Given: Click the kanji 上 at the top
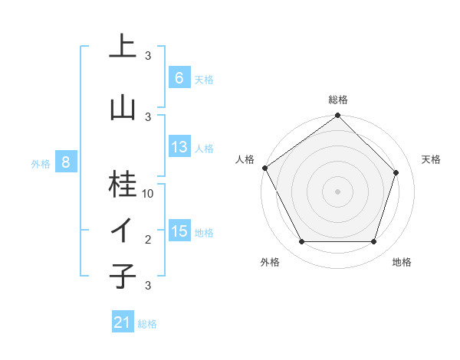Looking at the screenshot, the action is click(x=122, y=46).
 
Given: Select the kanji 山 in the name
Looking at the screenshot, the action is click(x=122, y=106).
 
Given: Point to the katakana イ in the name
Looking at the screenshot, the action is click(x=122, y=231).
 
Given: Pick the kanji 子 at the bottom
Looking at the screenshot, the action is click(x=122, y=275).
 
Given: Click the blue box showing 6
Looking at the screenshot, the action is click(x=179, y=78).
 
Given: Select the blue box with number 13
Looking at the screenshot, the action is click(x=179, y=147).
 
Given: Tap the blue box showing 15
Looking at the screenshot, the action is click(x=179, y=231).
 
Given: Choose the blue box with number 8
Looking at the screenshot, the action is click(x=66, y=162).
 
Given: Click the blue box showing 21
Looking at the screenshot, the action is click(x=123, y=322).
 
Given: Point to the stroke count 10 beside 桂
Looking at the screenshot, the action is click(x=148, y=194).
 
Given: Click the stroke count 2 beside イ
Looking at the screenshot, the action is click(x=148, y=240).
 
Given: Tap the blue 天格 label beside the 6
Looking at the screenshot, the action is click(x=204, y=80).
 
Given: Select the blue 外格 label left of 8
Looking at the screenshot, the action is click(x=41, y=163).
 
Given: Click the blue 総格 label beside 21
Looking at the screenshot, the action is click(x=147, y=324).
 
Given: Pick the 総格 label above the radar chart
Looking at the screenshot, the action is click(x=337, y=100).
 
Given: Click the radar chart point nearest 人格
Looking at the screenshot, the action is click(x=264, y=168).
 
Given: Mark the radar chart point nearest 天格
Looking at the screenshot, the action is click(x=396, y=172).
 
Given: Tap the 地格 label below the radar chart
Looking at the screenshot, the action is click(x=402, y=262).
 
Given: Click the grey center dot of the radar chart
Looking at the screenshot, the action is click(x=337, y=191).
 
